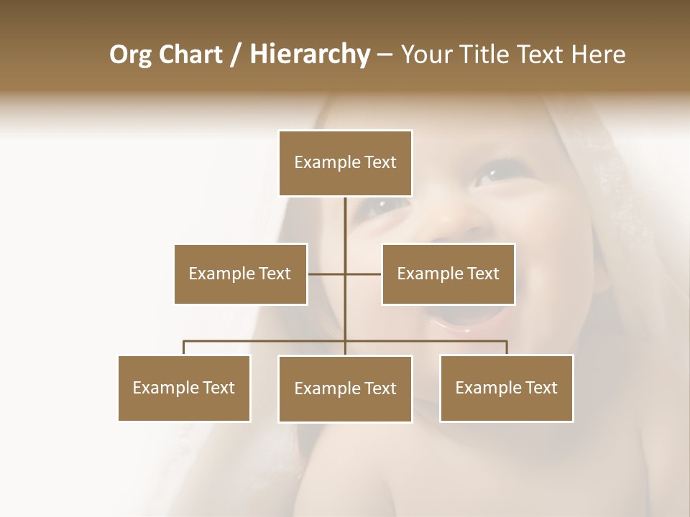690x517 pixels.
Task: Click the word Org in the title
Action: click(x=131, y=55)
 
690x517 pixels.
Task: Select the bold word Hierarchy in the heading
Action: click(x=309, y=55)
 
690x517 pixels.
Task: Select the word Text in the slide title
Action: click(x=540, y=55)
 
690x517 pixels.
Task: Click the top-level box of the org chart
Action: click(x=345, y=163)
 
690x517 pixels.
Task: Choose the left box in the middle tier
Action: click(x=240, y=274)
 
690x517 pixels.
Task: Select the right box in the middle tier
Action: click(x=448, y=274)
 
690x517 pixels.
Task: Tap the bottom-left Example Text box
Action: click(x=184, y=388)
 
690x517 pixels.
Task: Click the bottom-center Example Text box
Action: click(x=345, y=388)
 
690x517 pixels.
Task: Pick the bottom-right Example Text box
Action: click(x=506, y=388)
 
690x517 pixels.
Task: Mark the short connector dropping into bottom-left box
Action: click(x=184, y=348)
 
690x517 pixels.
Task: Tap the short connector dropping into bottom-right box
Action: click(x=506, y=348)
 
